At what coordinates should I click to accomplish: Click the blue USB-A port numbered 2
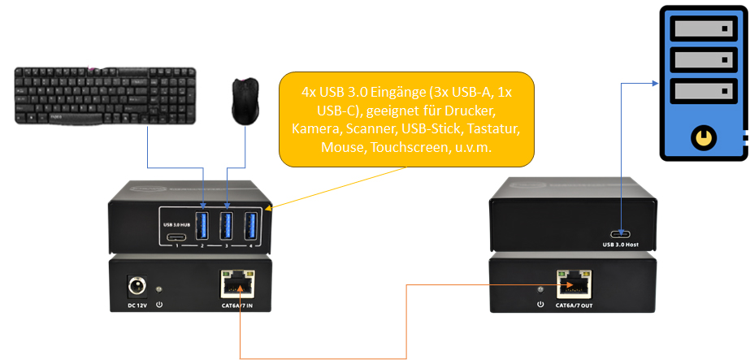click(x=202, y=226)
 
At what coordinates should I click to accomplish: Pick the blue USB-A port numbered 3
click(x=227, y=226)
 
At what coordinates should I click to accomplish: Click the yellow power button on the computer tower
click(x=701, y=139)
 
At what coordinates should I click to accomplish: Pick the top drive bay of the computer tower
click(x=704, y=30)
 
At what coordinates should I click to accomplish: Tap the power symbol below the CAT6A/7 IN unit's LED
click(x=159, y=305)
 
